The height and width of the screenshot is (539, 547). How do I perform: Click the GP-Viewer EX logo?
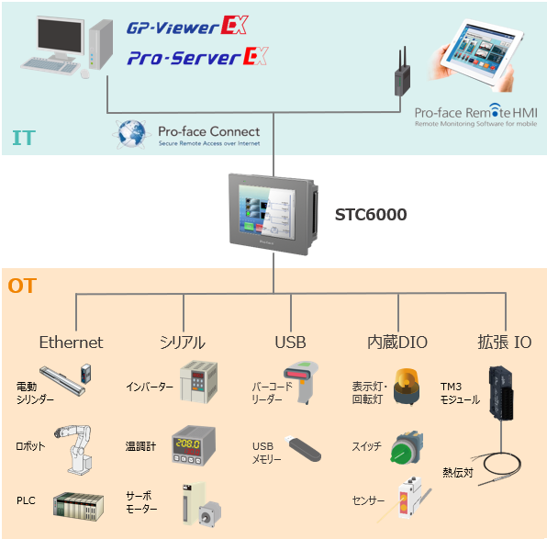pyautogui.click(x=187, y=25)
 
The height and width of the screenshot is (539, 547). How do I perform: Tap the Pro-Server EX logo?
pyautogui.click(x=197, y=57)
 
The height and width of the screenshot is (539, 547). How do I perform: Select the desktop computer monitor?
pyautogui.click(x=61, y=38)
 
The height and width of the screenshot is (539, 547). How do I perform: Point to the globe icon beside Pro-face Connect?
pyautogui.click(x=131, y=134)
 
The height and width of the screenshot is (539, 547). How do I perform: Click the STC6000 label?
pyautogui.click(x=371, y=214)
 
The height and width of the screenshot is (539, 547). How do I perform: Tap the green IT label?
pyautogui.click(x=24, y=138)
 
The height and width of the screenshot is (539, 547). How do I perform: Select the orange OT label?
pyautogui.click(x=22, y=286)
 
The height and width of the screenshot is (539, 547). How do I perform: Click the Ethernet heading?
pyautogui.click(x=72, y=342)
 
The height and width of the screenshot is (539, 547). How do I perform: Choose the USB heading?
pyautogui.click(x=290, y=342)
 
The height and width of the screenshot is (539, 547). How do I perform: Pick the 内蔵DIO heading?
pyautogui.click(x=397, y=342)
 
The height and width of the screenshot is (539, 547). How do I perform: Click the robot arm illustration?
pyautogui.click(x=74, y=450)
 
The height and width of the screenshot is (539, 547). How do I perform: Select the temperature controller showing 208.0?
pyautogui.click(x=194, y=445)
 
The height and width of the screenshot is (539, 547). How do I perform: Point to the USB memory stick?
pyautogui.click(x=303, y=449)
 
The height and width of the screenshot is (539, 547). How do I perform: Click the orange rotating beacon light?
pyautogui.click(x=407, y=387)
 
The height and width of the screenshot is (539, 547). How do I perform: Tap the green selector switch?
pyautogui.click(x=406, y=448)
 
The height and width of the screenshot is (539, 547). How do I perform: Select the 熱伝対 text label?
pyautogui.click(x=458, y=472)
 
